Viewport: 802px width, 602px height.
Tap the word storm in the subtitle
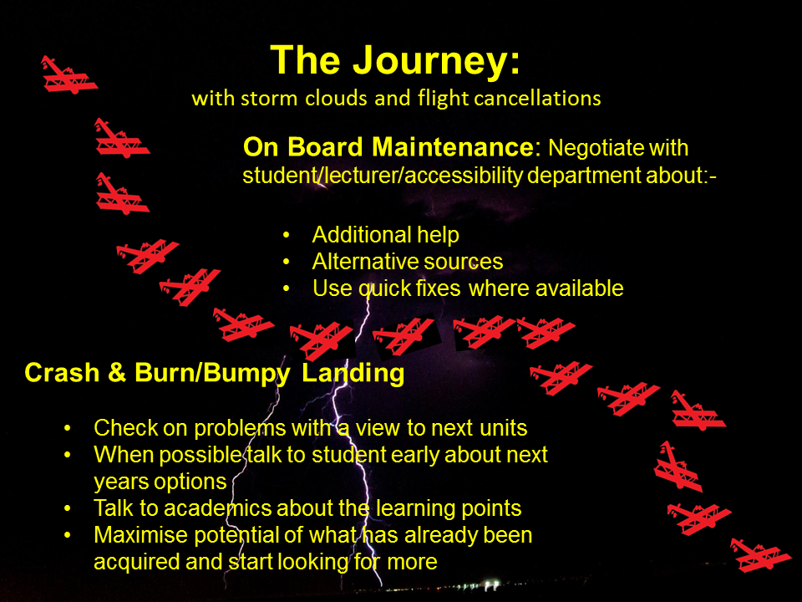(269, 99)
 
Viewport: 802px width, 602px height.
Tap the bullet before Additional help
(286, 235)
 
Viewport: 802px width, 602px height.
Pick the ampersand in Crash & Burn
(117, 372)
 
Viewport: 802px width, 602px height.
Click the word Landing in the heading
(353, 374)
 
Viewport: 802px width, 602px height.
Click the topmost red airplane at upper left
(69, 75)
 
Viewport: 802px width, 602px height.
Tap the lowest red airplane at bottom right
(760, 555)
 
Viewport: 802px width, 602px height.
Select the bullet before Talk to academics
(68, 509)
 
